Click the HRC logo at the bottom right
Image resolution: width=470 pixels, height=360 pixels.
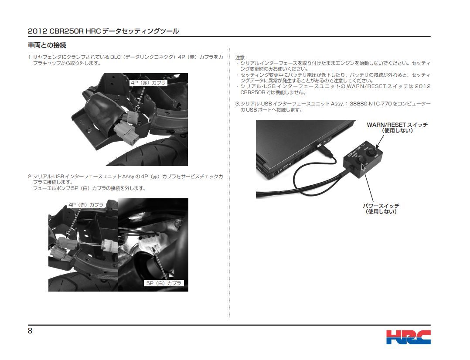pos(408,337)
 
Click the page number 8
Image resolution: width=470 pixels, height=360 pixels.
pos(30,331)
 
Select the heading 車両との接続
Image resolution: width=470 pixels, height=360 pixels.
pos(47,45)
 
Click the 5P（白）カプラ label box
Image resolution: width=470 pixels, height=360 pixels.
pos(164,283)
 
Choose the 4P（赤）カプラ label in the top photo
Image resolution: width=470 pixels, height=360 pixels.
pos(149,82)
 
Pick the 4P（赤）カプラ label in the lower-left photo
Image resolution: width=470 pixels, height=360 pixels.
pos(86,204)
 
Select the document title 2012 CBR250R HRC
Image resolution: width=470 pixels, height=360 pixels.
pos(64,31)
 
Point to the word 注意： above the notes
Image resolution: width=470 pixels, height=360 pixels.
pos(241,58)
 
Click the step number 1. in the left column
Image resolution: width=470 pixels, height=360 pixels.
pos(30,57)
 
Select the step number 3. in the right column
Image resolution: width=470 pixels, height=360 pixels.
pos(238,104)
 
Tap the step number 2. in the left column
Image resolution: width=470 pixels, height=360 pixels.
pos(30,177)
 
